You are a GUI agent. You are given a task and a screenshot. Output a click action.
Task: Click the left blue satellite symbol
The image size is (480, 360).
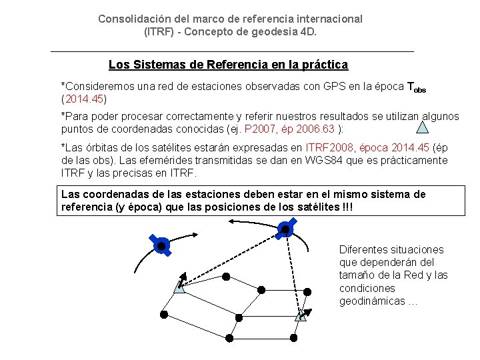coord(161,245)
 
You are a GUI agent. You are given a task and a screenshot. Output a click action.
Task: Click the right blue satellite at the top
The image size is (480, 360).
coord(285,230)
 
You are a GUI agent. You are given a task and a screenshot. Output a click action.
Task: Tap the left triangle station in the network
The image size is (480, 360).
coord(179,287)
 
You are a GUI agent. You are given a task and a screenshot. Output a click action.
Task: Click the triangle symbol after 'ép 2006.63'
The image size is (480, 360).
coord(423,127)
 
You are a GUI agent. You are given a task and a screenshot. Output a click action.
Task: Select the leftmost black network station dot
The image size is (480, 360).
coord(163,314)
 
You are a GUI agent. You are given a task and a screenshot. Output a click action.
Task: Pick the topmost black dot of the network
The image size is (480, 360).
coord(226,275)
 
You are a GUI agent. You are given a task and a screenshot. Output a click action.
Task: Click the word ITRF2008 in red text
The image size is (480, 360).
coord(328,148)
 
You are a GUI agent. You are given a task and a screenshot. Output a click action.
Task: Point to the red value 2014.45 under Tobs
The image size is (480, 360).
coord(83,99)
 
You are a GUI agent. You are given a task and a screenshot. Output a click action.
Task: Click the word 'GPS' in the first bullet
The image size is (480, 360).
coord(315,87)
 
